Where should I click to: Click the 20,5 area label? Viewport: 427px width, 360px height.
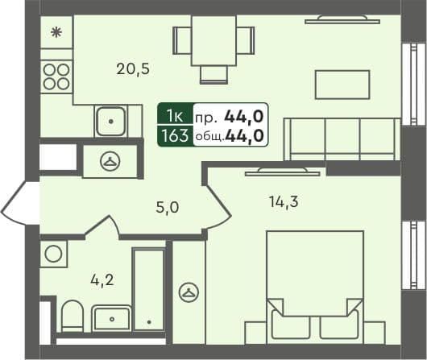pos(133,68)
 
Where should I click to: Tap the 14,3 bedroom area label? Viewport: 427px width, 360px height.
pos(284,202)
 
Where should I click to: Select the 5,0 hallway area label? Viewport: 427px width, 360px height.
pos(167,207)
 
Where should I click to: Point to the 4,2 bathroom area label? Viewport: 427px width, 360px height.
pos(102,281)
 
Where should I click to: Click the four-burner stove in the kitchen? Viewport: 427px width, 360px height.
pos(56,76)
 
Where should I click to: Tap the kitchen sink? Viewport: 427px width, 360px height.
pos(110,122)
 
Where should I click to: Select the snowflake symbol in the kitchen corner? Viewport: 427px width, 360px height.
pos(56,33)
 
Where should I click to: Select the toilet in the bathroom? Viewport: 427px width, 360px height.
pos(72,316)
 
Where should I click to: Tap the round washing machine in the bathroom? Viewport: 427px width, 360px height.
pos(55,253)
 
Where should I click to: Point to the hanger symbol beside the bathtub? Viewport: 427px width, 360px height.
pos(189,291)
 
